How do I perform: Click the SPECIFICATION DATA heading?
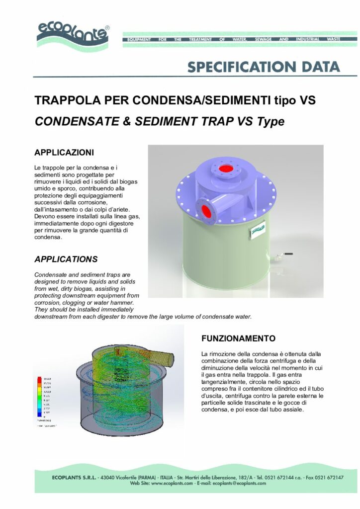coord(264,67)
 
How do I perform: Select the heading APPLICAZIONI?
coord(64,151)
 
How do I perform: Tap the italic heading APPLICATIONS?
coord(66,259)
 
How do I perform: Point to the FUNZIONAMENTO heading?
coord(238,339)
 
